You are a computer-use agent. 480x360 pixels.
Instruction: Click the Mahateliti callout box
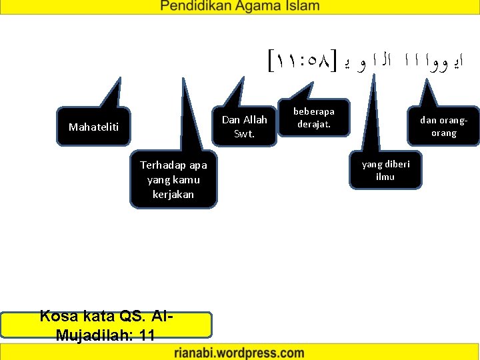[93, 125]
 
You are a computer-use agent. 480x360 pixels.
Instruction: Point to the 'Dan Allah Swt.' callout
[244, 127]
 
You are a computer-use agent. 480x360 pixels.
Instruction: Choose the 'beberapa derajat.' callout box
[314, 118]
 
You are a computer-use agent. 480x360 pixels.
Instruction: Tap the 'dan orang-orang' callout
[443, 127]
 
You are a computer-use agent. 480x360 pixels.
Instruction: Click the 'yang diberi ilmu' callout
[385, 170]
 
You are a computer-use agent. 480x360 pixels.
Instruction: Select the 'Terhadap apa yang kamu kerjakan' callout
[173, 179]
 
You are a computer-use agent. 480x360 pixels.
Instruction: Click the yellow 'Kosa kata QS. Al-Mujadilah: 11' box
[106, 325]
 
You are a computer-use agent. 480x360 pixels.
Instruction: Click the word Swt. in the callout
[244, 133]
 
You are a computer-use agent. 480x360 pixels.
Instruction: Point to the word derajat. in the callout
[313, 125]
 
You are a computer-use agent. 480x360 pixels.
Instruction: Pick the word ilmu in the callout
[385, 177]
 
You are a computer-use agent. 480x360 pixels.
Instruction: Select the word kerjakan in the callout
[173, 194]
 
